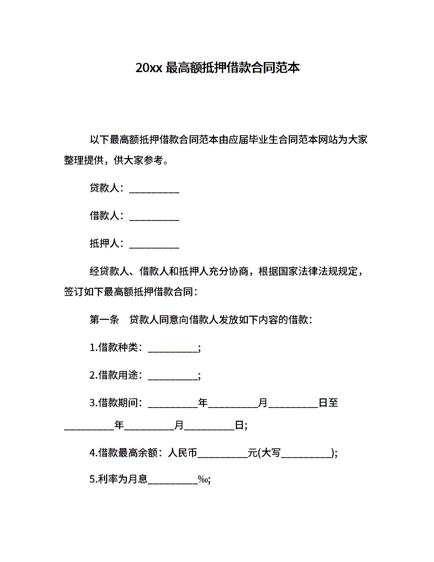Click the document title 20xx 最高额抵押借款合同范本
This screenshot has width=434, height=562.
[x=217, y=68]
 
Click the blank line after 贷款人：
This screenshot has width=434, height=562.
[x=154, y=190]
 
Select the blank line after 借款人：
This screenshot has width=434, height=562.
[x=154, y=218]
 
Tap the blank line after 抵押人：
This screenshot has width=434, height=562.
[x=154, y=245]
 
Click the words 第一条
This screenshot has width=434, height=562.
[x=104, y=320]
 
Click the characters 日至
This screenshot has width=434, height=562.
[x=328, y=403]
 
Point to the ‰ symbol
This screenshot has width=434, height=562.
[x=203, y=479]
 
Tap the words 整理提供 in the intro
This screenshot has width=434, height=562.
[x=84, y=160]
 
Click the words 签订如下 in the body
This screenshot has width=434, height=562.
[x=84, y=292]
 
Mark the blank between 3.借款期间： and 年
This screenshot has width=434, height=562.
[x=173, y=404]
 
